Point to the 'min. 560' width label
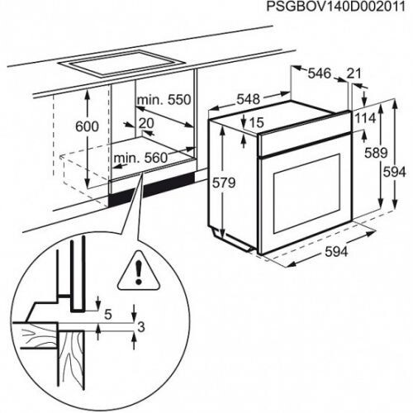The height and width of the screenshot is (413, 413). click(138, 157)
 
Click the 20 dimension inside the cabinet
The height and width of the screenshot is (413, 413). click(147, 124)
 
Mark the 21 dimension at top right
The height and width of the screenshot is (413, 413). click(355, 74)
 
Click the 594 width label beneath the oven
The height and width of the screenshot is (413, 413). click(334, 251)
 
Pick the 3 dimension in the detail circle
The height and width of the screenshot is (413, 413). click(140, 328)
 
